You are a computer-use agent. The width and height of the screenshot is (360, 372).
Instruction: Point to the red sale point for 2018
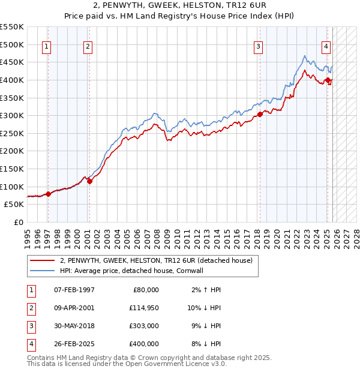pyautogui.click(x=260, y=114)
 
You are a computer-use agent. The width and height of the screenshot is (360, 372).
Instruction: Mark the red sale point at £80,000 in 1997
pyautogui.click(x=48, y=193)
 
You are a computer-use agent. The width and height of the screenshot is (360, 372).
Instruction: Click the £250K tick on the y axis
pyautogui.click(x=12, y=133)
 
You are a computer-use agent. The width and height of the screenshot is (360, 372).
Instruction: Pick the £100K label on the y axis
pyautogui.click(x=12, y=187)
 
